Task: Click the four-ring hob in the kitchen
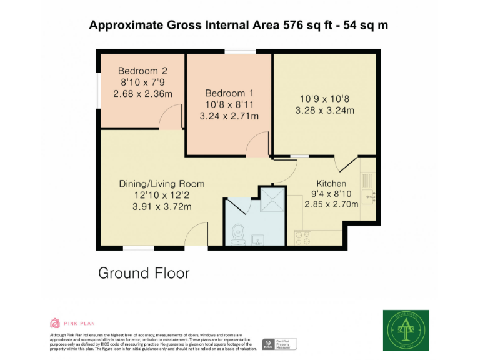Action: click(303, 237)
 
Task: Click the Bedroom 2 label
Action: click(142, 71)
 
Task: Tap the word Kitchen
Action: click(331, 184)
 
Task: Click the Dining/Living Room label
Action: click(162, 184)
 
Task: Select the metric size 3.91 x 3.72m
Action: click(162, 207)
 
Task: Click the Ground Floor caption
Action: click(144, 273)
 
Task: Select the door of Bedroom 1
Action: click(257, 146)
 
